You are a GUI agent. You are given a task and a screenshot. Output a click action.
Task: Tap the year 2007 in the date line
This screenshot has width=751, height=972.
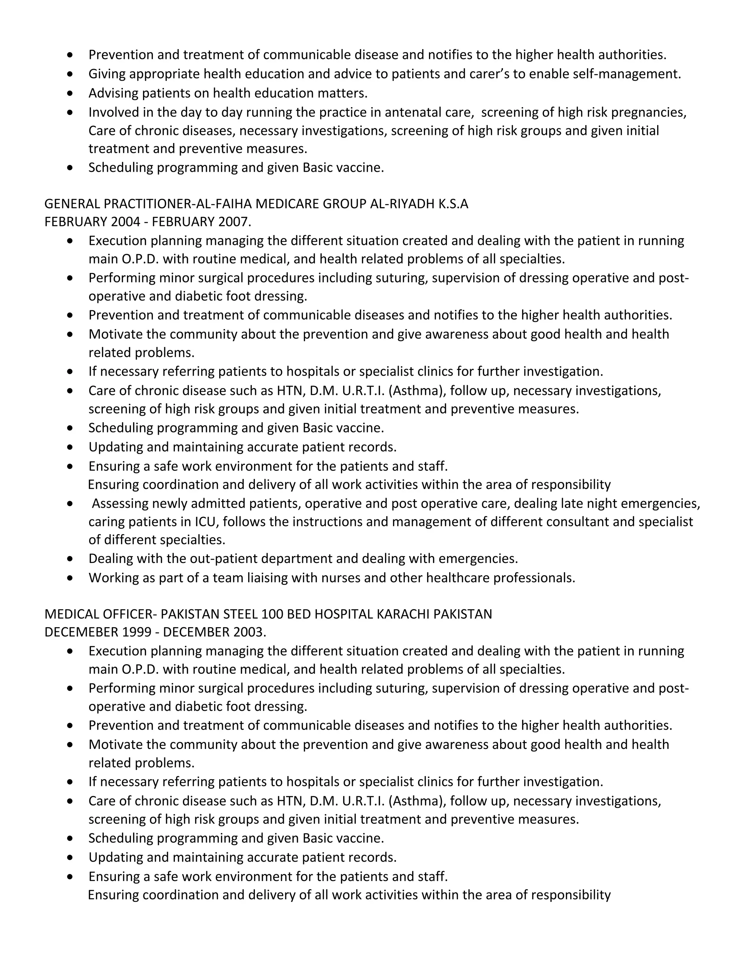(x=233, y=222)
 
